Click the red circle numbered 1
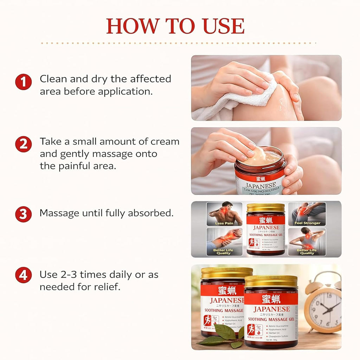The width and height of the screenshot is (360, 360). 23,83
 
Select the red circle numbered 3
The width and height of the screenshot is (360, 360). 23,214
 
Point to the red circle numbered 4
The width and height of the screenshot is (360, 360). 23,275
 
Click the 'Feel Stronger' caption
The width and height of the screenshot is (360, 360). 307,223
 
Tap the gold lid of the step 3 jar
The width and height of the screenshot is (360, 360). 265,207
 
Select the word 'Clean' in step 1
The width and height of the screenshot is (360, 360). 53,79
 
